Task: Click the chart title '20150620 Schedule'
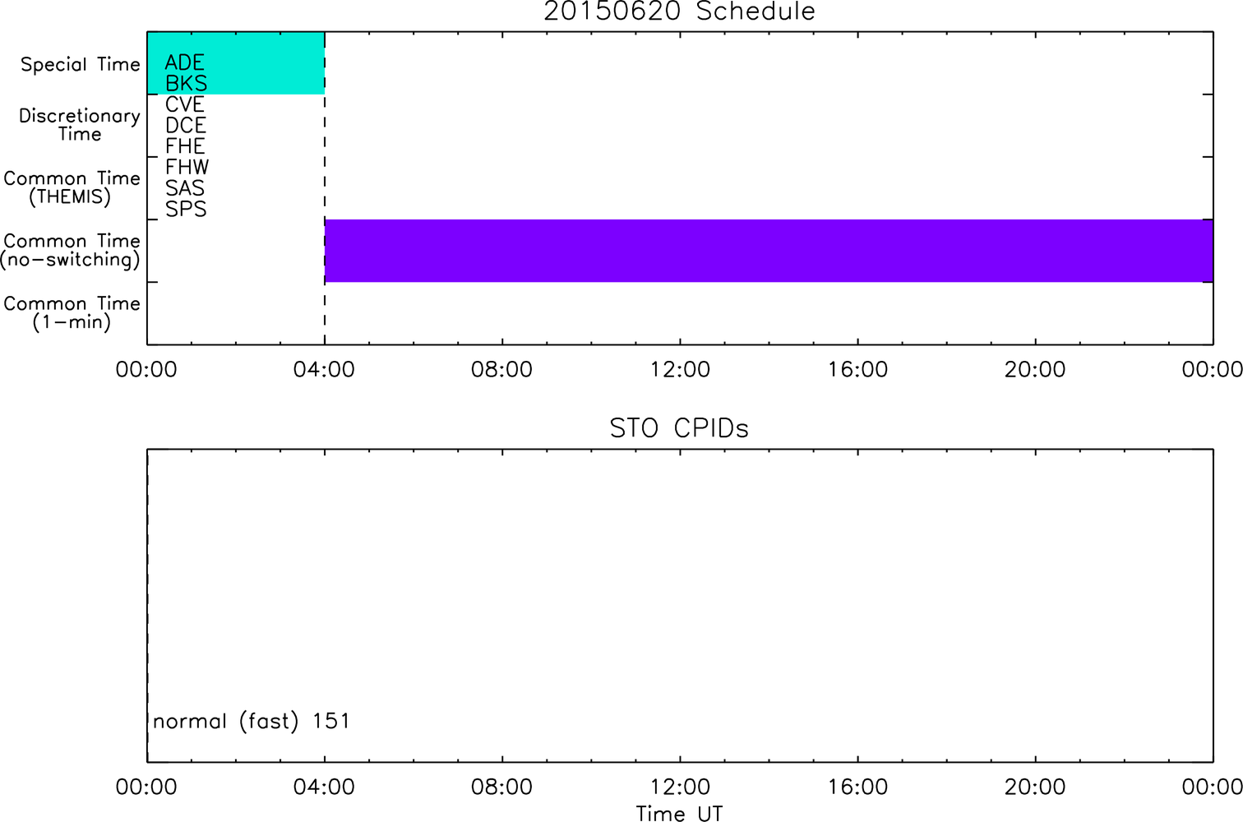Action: click(679, 12)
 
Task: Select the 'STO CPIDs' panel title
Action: click(679, 428)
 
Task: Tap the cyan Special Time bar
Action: click(236, 63)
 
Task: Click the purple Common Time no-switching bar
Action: click(769, 251)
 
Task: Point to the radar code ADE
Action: click(185, 62)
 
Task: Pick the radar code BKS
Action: click(186, 83)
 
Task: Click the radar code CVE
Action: click(185, 104)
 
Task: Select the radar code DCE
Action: click(185, 126)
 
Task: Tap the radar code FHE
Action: click(185, 146)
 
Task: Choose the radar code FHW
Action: click(187, 167)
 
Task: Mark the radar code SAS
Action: click(185, 188)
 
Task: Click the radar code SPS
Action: click(186, 210)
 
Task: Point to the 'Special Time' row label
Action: click(81, 64)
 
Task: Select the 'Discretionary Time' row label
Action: click(80, 125)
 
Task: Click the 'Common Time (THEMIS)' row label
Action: click(72, 187)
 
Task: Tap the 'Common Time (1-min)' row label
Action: click(72, 313)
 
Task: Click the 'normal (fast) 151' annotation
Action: click(252, 721)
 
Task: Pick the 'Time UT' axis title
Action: click(679, 813)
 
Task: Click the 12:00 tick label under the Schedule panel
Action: click(680, 370)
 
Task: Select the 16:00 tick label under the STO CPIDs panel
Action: click(857, 787)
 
